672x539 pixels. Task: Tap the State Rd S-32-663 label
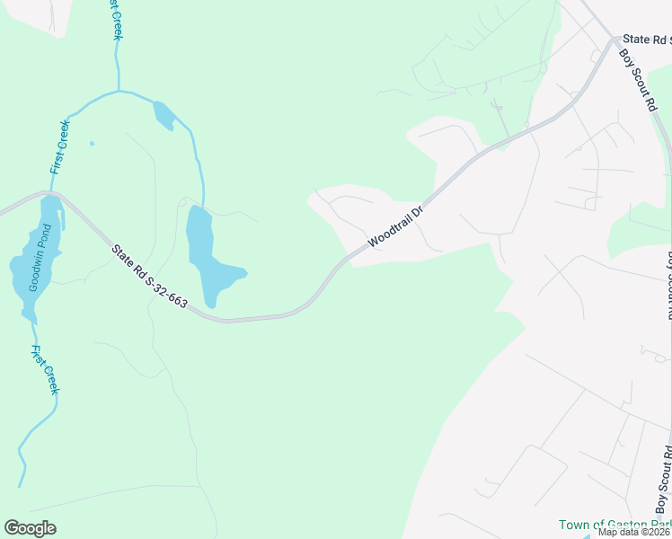[x=150, y=277]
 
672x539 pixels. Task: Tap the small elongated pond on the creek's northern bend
[x=164, y=115]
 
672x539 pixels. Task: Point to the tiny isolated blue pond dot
[x=92, y=142]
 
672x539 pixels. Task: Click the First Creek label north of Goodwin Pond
[x=59, y=147]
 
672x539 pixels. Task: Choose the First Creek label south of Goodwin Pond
[x=44, y=369]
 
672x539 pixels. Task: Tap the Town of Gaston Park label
[x=615, y=525]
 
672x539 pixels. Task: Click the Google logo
[x=30, y=528]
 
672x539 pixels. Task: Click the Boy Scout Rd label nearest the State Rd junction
[x=640, y=80]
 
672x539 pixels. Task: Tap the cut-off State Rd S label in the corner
[x=647, y=40]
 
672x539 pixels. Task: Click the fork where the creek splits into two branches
[x=118, y=91]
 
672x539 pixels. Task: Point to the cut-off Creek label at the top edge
[x=115, y=20]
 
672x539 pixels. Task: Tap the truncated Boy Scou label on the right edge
[x=668, y=286]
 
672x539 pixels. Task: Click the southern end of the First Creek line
[x=20, y=486]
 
